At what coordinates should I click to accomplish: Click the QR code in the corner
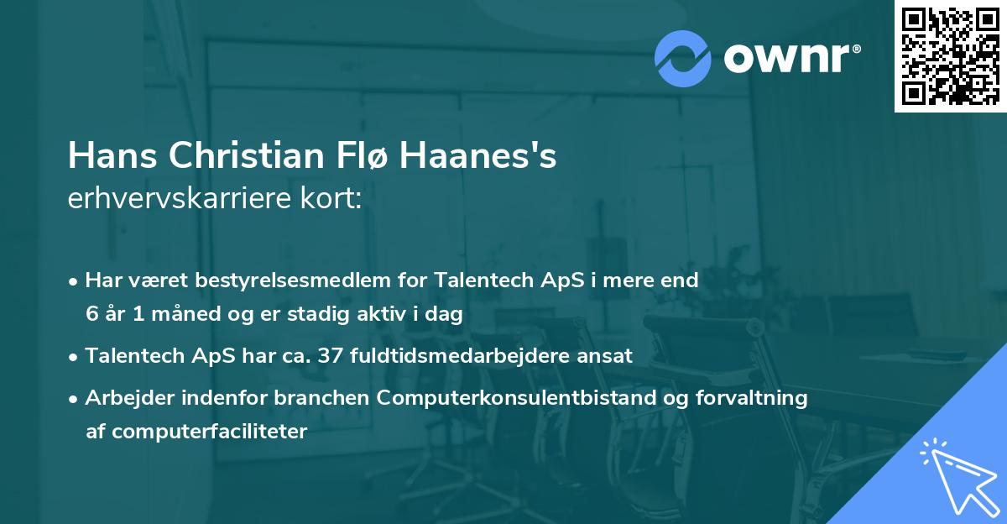pos(950,55)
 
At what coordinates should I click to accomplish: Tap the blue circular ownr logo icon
pos(682,58)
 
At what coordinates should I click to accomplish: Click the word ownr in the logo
pos(785,57)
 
